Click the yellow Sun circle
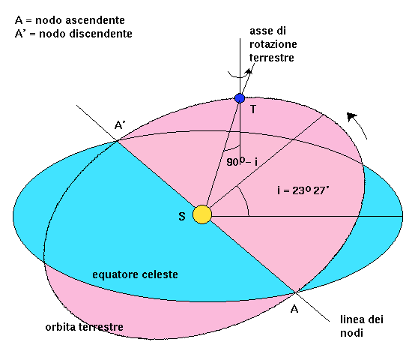point(202,214)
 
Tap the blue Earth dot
point(240,98)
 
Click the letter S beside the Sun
point(182,216)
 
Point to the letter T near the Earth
point(253,109)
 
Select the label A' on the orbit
point(120,125)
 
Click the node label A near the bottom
point(294,309)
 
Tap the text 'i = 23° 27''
point(303,190)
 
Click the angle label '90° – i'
point(242,161)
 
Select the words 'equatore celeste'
point(135,274)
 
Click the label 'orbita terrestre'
point(84,327)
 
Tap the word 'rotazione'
point(273,44)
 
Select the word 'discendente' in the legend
point(100,34)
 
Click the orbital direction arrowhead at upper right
point(351,116)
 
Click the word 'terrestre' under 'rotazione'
point(272,58)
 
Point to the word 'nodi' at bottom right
point(351,333)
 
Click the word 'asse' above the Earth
point(261,31)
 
